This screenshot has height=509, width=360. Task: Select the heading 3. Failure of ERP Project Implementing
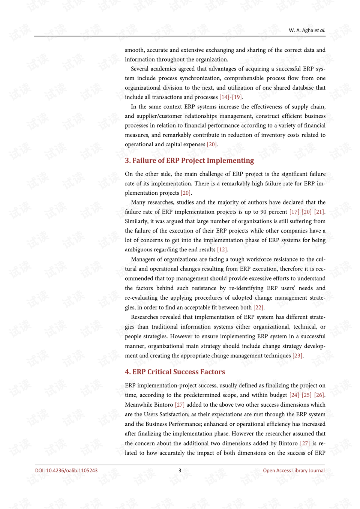coord(189,161)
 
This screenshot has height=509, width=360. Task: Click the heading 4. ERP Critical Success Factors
coord(175,372)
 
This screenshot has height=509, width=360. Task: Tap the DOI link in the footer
coord(66,470)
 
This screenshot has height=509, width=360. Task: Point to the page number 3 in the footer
coord(180,470)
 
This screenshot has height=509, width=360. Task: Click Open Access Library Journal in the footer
coord(294,470)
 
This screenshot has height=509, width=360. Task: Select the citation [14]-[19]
coord(231,97)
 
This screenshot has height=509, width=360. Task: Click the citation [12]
coord(222,249)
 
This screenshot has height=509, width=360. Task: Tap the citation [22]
coord(258,308)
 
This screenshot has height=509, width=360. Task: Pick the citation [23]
coord(297,356)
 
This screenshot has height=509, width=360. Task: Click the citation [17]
coord(294,212)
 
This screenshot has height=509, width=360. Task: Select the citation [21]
coord(319,212)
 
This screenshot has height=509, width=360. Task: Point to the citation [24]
coord(294,395)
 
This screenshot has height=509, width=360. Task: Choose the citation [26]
coord(319,395)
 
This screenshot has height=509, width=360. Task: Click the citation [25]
coord(307,395)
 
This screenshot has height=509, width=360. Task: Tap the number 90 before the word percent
coord(263,212)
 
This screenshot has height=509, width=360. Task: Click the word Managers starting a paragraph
coord(143,259)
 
